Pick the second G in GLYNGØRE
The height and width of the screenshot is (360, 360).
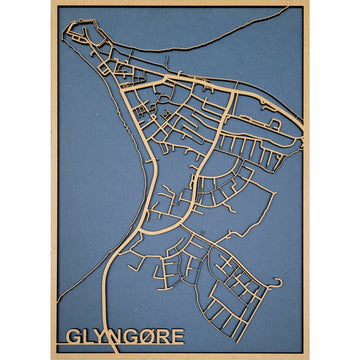coord(132,336)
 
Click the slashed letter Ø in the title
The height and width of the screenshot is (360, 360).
coord(149,336)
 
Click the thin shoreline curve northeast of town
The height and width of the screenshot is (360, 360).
coord(220,50)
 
